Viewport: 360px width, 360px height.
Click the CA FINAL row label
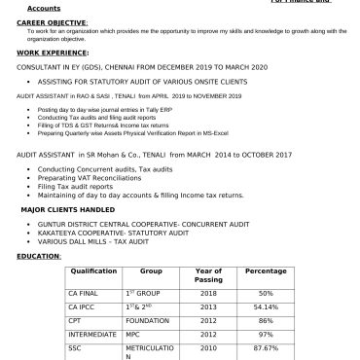[x=80, y=293]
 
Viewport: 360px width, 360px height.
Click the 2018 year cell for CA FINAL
[x=208, y=293]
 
